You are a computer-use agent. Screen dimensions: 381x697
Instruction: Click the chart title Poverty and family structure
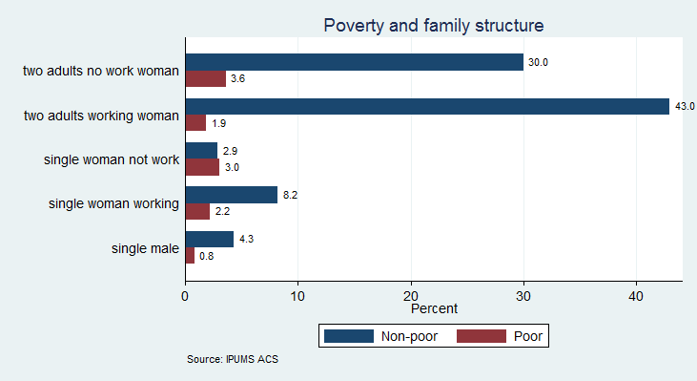click(433, 25)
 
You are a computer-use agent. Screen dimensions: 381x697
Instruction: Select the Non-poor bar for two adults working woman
click(427, 107)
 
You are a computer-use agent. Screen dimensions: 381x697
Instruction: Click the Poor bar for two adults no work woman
click(205, 78)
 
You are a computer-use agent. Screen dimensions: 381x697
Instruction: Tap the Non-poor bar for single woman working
click(231, 195)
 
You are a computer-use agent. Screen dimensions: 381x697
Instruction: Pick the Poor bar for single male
click(190, 256)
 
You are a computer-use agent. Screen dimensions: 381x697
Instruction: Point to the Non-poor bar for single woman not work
click(201, 151)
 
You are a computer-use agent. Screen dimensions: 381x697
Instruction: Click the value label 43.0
click(685, 107)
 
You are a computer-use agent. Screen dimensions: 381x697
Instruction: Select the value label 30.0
click(539, 62)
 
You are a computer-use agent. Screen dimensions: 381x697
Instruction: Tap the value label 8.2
click(292, 195)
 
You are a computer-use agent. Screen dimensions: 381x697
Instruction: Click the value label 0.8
click(207, 256)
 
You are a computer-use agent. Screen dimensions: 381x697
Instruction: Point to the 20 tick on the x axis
click(411, 295)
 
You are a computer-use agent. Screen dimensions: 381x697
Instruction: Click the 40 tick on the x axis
click(637, 295)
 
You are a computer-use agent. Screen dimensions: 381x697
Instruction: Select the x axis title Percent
click(434, 309)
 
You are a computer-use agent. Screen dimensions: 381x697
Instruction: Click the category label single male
click(146, 248)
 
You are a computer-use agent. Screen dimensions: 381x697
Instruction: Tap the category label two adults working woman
click(101, 116)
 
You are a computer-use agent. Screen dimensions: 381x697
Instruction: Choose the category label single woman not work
click(112, 159)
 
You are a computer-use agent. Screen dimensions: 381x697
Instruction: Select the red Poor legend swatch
click(482, 336)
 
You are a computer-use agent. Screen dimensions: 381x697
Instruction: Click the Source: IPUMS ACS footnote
click(234, 360)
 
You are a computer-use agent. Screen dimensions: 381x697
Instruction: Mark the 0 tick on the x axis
click(185, 295)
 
